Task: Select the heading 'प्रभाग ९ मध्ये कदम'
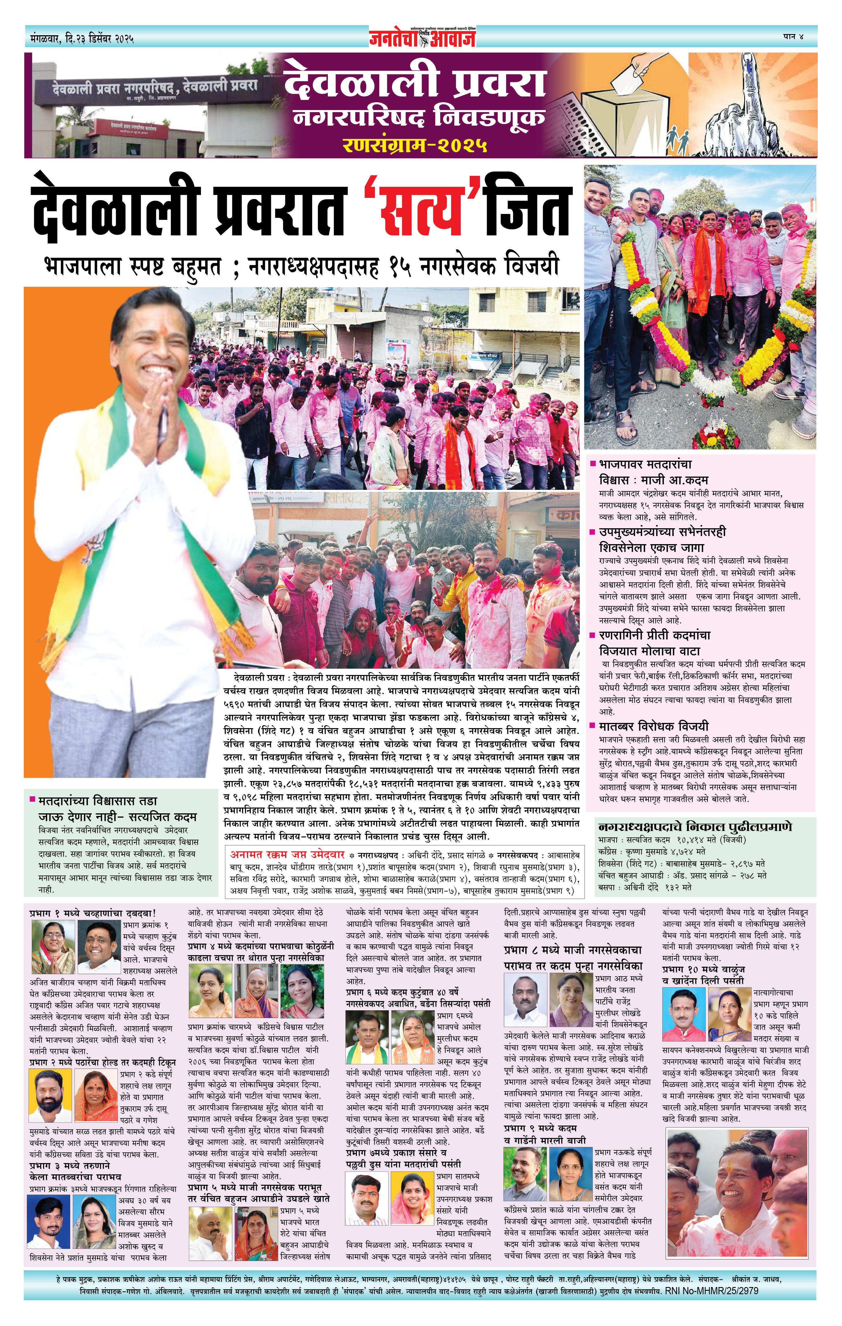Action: coord(541,1128)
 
